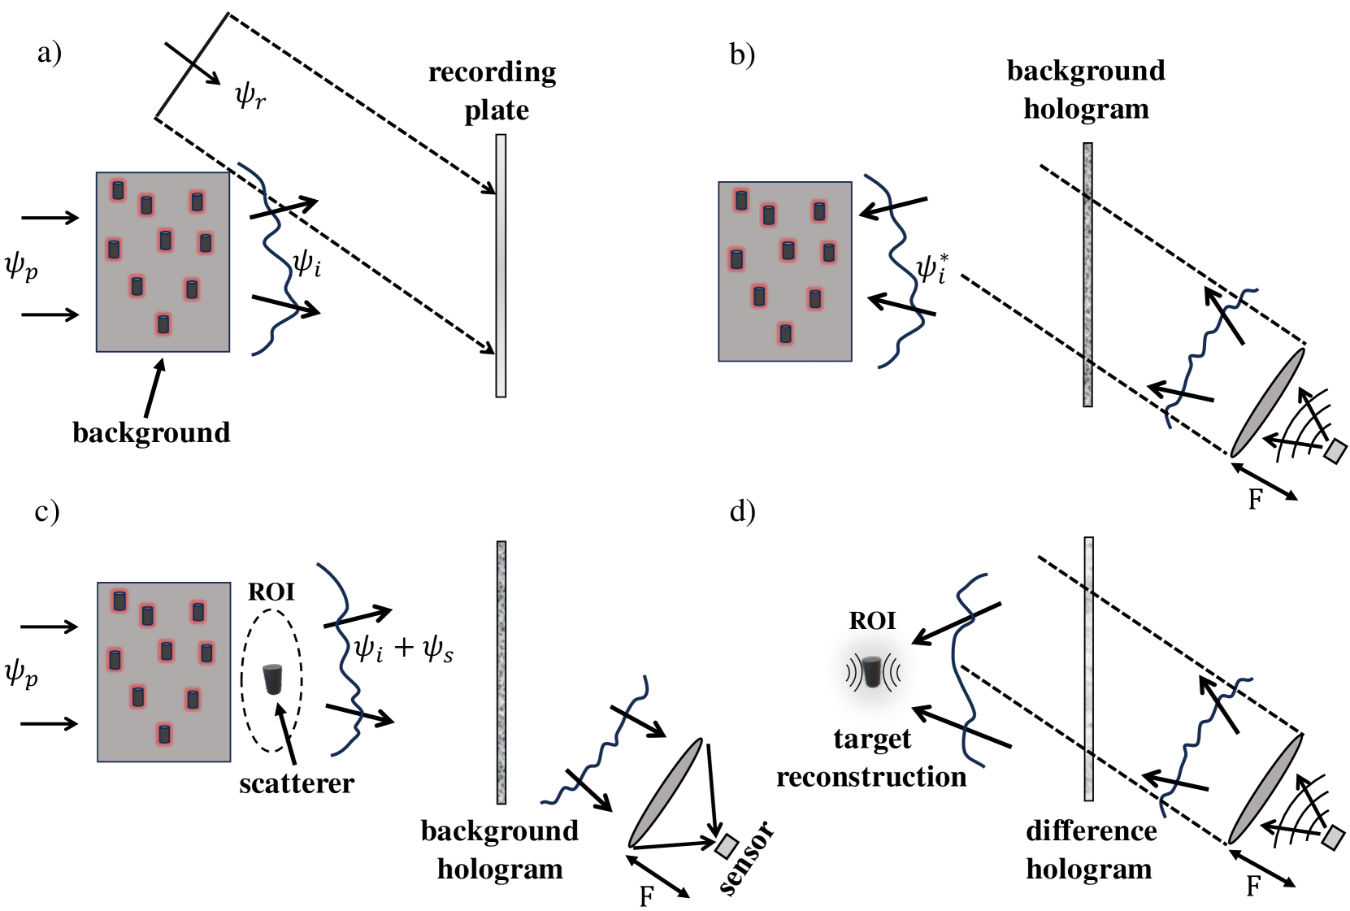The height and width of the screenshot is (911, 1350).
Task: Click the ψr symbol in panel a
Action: [250, 96]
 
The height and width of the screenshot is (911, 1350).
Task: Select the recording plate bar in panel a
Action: [501, 266]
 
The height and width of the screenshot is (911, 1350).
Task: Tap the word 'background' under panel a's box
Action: [151, 432]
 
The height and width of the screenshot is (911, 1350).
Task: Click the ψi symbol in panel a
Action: [306, 262]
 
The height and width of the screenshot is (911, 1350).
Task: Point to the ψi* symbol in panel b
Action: [931, 267]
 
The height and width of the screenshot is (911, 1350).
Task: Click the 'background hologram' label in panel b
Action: [1086, 89]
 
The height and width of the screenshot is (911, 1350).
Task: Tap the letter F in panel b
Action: [1255, 499]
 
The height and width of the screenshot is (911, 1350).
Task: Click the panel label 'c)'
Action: [47, 511]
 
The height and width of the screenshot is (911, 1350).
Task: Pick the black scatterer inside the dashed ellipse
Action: [272, 679]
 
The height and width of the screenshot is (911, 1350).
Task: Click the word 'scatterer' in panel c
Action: [297, 783]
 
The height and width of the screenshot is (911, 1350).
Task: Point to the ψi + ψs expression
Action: [403, 649]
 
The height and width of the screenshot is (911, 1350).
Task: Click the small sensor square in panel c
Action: [726, 846]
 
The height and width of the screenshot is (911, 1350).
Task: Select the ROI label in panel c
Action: [271, 592]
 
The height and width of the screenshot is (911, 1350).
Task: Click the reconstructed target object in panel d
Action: [872, 671]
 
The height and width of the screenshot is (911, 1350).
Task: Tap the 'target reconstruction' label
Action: [871, 757]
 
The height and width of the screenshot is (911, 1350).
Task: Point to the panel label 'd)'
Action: [743, 511]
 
